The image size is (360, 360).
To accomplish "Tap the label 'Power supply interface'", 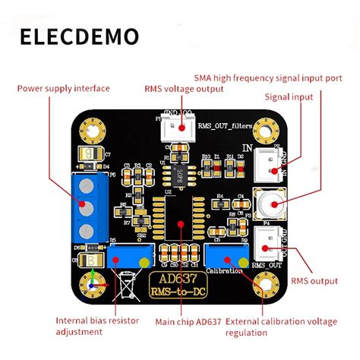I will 65,87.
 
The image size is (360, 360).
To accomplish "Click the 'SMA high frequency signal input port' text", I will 268,77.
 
